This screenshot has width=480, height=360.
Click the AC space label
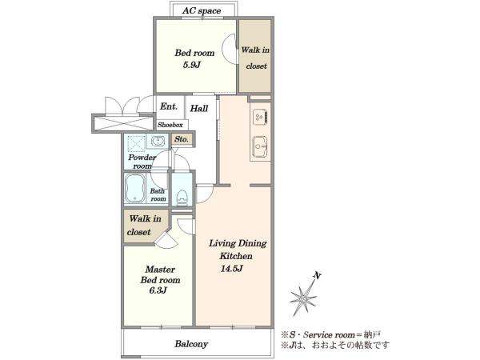202,10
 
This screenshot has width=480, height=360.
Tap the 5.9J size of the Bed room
192,65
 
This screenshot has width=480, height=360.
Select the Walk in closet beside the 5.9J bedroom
255,56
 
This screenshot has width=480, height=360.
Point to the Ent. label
169,106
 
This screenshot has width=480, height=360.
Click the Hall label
199,108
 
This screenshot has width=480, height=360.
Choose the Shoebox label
170,125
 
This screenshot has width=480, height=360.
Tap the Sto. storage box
182,139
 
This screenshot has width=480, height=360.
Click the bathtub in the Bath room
135,188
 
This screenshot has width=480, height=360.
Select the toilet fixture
182,197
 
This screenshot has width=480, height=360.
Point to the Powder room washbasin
158,142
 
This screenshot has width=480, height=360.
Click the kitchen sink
260,146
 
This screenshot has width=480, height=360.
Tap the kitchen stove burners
260,117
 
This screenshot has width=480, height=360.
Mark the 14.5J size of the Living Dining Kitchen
232,269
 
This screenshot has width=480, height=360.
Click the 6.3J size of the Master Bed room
158,290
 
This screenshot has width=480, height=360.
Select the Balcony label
191,344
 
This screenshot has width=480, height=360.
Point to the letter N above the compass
318,275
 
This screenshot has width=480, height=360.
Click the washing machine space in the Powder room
136,143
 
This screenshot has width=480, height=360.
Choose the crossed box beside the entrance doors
122,123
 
